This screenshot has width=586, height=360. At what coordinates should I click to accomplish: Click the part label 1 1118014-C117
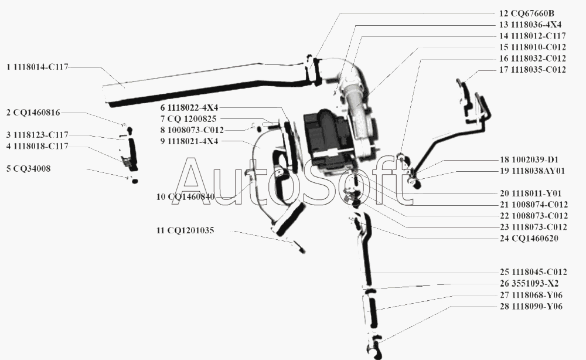point(38,67)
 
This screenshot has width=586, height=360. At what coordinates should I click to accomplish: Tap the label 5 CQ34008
point(28,169)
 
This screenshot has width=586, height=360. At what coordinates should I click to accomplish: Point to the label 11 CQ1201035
point(185,230)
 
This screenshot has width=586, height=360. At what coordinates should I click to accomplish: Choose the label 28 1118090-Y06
point(531,307)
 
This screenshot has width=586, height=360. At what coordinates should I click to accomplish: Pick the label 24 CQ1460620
point(529,239)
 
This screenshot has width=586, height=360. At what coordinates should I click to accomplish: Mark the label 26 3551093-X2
point(529,283)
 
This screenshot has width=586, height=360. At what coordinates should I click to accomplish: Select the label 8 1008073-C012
point(192,130)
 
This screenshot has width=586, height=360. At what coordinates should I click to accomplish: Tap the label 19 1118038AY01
point(533,171)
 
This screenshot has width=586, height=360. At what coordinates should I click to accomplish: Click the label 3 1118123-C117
point(38,135)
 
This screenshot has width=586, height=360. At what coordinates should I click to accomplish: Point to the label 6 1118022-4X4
point(189,108)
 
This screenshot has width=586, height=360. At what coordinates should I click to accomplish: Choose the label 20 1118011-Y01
point(531,193)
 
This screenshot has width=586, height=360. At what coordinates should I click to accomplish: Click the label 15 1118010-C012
point(533,47)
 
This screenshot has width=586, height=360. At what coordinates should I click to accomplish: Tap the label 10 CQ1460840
point(186,197)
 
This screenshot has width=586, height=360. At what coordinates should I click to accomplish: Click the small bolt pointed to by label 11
point(299,247)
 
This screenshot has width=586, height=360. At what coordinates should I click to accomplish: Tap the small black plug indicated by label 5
point(135,181)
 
